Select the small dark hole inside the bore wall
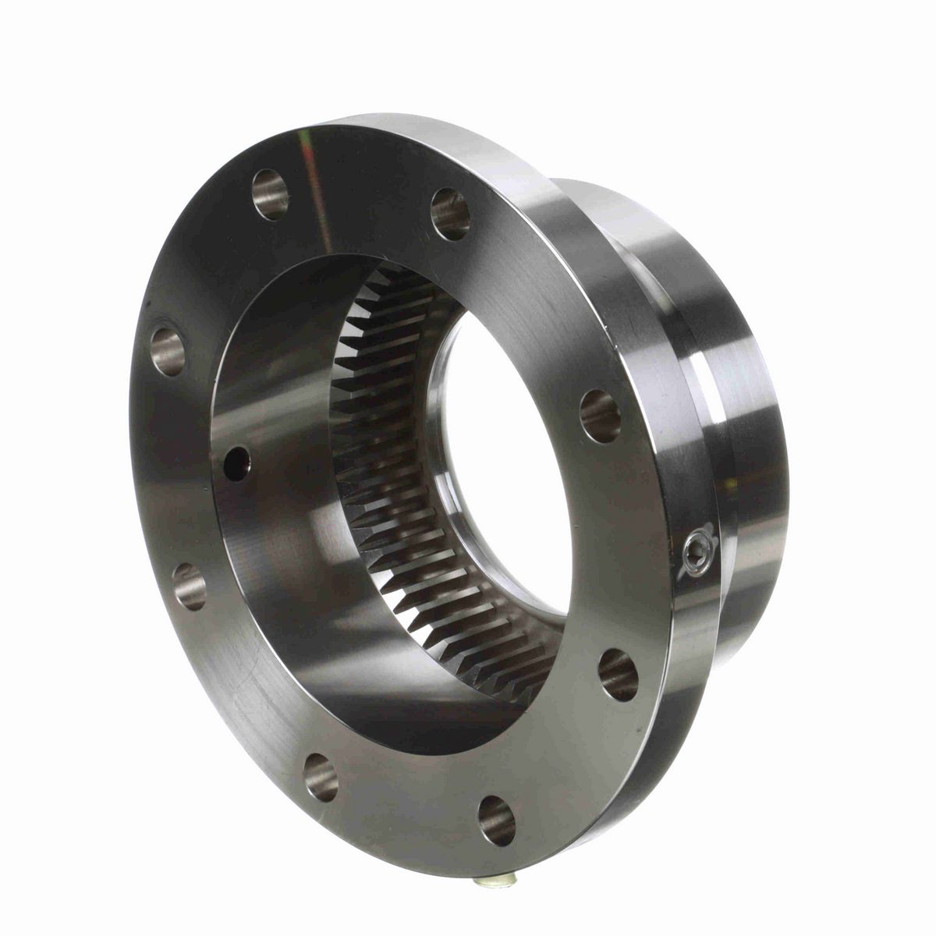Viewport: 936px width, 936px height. (x=236, y=463)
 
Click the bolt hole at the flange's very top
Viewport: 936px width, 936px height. (x=270, y=193)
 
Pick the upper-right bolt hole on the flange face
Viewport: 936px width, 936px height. (x=450, y=214)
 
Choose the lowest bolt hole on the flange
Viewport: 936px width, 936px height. (x=497, y=820)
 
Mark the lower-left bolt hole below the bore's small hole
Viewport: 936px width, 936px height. (x=190, y=587)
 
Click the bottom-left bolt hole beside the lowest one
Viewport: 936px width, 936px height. (x=321, y=776)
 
